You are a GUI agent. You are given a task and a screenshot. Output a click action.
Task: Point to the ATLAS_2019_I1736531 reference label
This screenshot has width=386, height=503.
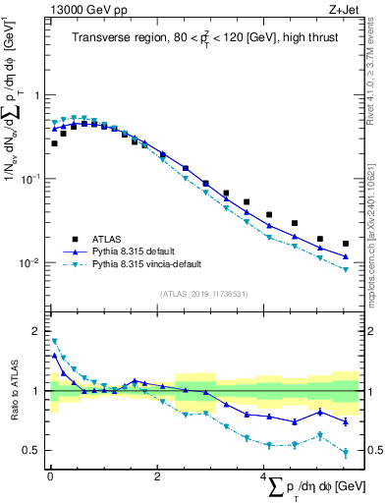(203, 293)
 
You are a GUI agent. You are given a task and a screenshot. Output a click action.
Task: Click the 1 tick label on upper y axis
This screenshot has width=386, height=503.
(38, 95)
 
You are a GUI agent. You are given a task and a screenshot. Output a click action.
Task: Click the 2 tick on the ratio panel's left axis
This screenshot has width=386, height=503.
(38, 331)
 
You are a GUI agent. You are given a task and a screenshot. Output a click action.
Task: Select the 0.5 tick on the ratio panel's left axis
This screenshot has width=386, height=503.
(34, 451)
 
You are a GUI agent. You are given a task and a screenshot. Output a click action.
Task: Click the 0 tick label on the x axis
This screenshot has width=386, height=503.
(50, 476)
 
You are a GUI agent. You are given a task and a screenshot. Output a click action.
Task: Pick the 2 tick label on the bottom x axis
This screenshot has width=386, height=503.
(157, 476)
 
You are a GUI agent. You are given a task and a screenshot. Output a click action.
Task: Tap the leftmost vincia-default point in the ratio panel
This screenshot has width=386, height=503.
(54, 341)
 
